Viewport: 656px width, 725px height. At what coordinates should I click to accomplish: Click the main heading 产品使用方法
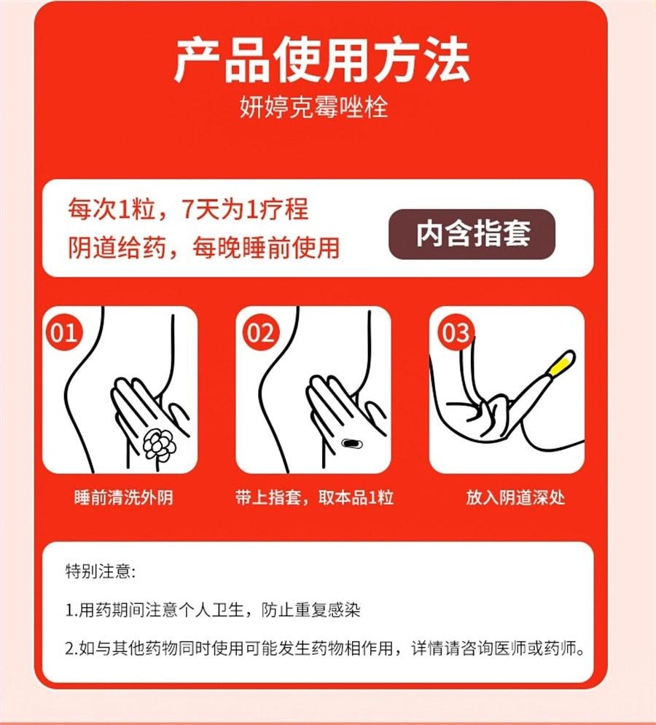coord(321,60)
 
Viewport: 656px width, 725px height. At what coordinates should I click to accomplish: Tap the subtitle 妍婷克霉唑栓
coord(313,108)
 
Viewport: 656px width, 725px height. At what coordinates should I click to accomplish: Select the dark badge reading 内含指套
coord(472,234)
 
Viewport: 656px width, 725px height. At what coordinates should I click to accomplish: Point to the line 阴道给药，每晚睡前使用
coord(203,247)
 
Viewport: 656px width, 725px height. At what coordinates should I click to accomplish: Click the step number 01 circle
coord(64,332)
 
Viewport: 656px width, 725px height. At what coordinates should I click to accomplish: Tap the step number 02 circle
coord(259,332)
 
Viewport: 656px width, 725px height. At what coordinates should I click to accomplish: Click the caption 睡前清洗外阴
coord(124,498)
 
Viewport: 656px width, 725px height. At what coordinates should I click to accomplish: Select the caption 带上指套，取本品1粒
coord(314,498)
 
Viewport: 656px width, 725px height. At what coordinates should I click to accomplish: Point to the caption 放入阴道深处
coord(515,498)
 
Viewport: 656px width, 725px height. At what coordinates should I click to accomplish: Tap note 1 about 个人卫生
coord(213,610)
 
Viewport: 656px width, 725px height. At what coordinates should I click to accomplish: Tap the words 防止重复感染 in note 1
coord(310,610)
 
